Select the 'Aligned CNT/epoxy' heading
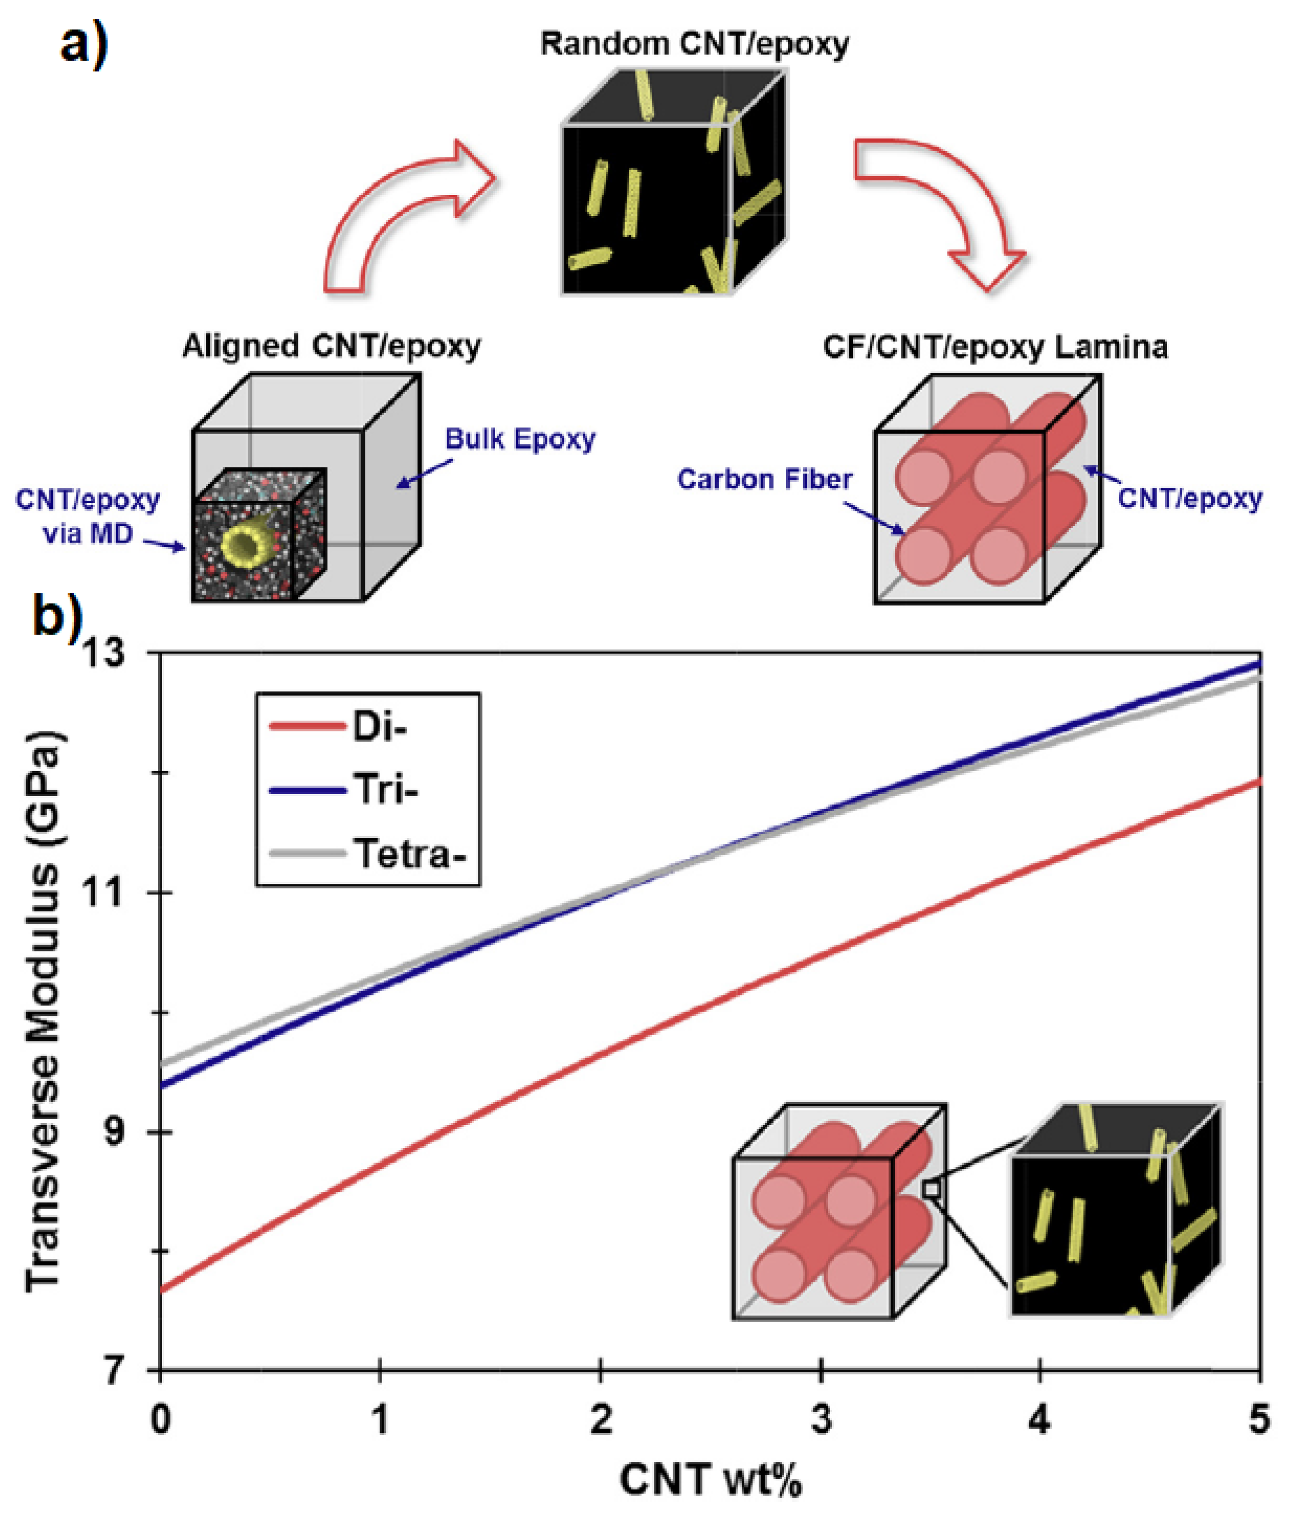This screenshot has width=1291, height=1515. tap(331, 346)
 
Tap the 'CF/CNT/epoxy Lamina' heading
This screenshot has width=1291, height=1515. tap(995, 347)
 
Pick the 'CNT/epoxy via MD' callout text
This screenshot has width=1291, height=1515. tap(88, 516)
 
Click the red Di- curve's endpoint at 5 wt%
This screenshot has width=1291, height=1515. tap(1259, 782)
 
